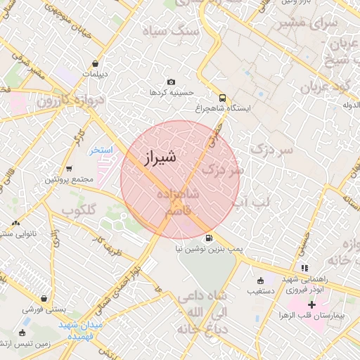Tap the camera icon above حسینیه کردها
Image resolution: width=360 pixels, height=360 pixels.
tap(172, 82)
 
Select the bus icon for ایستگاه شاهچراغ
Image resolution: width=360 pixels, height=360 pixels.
tap(222, 98)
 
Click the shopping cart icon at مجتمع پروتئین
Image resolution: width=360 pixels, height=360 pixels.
tap(69, 169)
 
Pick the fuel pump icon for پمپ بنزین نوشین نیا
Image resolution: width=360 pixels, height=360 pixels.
tap(208, 238)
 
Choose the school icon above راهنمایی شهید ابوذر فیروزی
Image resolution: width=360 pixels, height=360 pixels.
tap(304, 268)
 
